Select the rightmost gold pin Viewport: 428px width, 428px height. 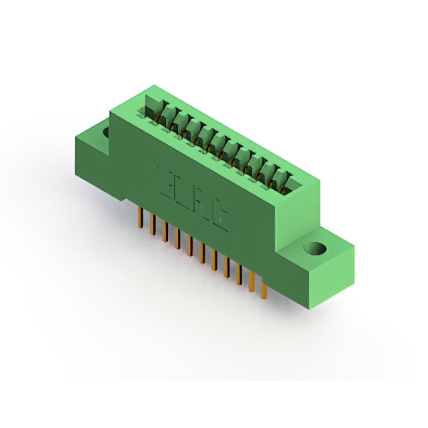(263, 288)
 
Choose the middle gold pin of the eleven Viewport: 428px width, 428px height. (202, 251)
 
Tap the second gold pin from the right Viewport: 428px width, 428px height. (251, 280)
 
